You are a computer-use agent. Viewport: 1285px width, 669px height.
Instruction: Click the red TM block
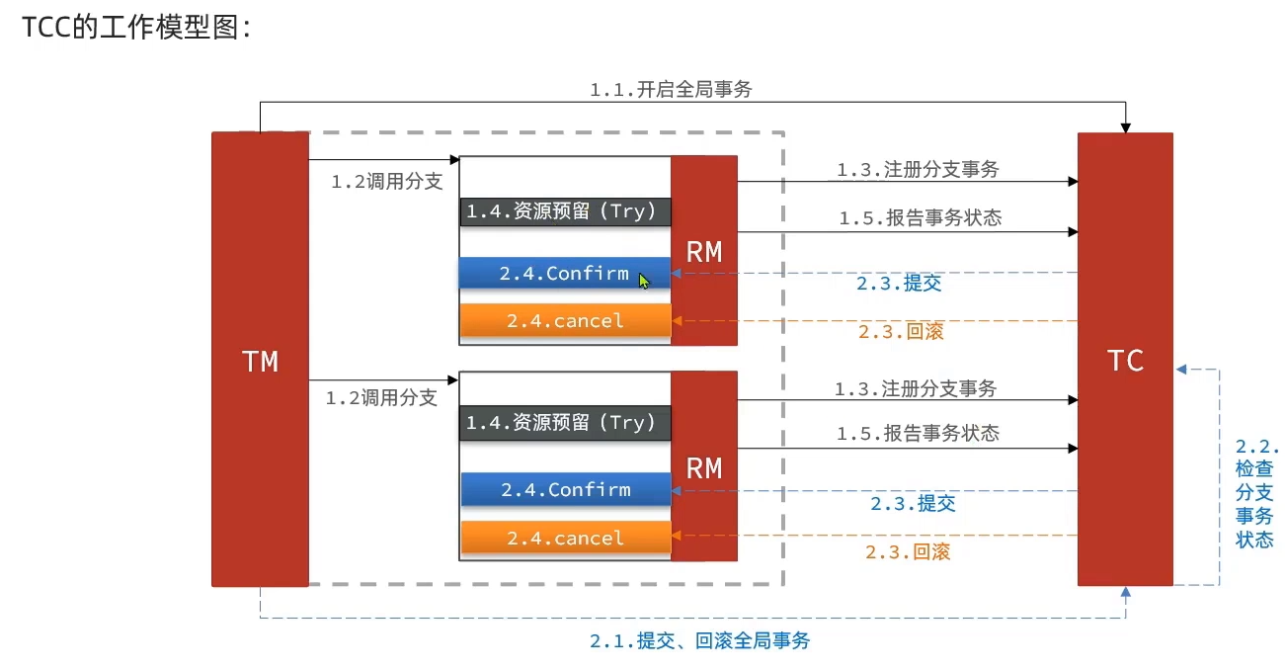(x=260, y=360)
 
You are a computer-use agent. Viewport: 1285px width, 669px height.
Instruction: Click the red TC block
(x=1125, y=360)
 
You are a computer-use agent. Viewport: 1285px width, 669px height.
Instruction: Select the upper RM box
(x=704, y=251)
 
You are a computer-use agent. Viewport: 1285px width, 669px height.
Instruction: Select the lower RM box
(x=704, y=466)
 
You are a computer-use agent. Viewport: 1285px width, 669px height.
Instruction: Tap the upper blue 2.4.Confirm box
(x=564, y=274)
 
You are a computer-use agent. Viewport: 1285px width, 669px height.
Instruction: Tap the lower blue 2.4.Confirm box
(x=565, y=489)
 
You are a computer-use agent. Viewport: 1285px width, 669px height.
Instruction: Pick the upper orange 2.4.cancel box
(x=565, y=320)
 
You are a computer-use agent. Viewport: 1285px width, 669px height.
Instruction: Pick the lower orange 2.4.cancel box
(x=565, y=538)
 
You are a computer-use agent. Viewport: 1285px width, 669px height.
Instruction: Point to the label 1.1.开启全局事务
(x=672, y=90)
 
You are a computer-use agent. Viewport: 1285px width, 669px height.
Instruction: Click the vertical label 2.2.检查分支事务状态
(x=1255, y=493)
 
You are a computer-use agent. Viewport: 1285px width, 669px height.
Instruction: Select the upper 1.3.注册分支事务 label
(x=918, y=170)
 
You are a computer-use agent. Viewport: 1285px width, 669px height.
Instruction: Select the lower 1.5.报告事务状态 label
(x=918, y=434)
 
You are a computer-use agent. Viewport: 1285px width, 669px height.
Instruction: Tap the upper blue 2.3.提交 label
(x=900, y=284)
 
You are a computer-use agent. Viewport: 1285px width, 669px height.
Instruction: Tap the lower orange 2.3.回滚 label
(x=908, y=552)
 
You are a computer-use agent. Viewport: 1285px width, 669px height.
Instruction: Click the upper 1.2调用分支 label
(x=386, y=182)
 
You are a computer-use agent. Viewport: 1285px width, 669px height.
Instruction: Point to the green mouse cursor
(x=644, y=281)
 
